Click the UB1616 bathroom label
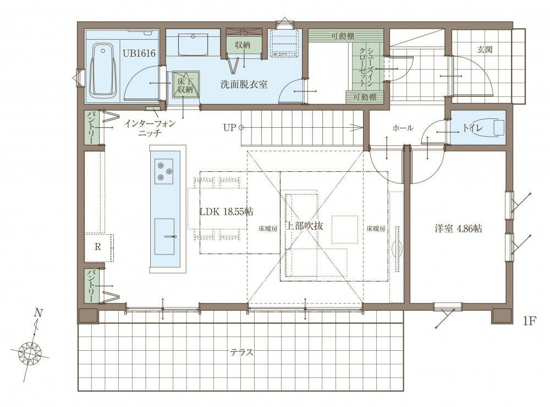139,53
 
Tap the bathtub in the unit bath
104,71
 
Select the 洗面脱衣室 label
244,85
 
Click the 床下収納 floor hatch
185,84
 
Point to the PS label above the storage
244,32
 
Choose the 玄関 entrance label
485,50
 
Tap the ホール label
403,128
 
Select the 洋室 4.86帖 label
459,229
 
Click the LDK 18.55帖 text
227,211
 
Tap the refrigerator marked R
98,247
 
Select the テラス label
241,352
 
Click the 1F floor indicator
530,321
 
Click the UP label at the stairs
230,127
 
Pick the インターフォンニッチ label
150,128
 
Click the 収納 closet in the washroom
243,45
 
